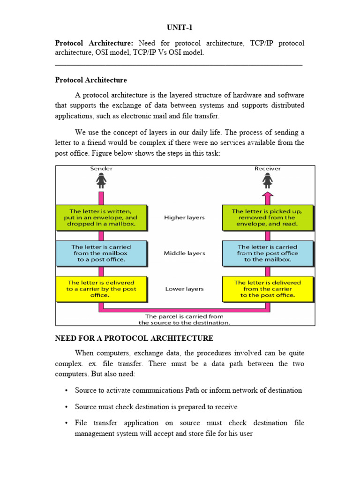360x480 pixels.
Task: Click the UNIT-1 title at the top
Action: pos(180,28)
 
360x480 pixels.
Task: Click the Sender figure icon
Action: pos(101,180)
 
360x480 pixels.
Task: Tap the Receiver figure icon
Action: pos(268,180)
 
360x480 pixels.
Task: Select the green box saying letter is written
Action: pos(101,217)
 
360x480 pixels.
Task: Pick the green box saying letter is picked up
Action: pos(267,217)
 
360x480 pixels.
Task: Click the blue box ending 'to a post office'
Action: pos(101,253)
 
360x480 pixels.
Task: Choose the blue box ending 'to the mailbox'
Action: pos(267,253)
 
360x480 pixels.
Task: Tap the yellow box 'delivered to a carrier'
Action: pos(101,289)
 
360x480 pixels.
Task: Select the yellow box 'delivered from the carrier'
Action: pos(267,289)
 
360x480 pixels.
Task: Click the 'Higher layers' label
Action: pos(184,217)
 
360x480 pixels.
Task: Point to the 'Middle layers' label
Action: pos(184,253)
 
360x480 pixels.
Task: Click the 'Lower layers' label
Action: pos(184,289)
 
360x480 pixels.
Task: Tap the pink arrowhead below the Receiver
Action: pos(268,196)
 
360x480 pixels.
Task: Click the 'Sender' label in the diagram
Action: pos(101,168)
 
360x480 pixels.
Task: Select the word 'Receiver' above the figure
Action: pos(268,168)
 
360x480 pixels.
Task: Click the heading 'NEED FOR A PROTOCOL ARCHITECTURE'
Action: pos(134,338)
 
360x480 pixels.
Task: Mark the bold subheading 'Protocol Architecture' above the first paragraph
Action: pos(91,80)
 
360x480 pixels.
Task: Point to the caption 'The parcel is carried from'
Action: pos(184,316)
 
